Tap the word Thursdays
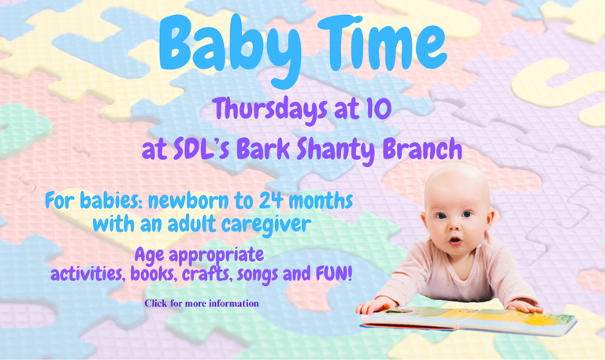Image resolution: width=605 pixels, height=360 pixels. click(x=270, y=110)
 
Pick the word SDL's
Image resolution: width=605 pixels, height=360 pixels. click(x=202, y=149)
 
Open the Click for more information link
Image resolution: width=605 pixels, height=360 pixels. click(x=202, y=303)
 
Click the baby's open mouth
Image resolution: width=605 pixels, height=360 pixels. click(x=455, y=241)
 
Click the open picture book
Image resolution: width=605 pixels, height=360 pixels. click(x=469, y=320)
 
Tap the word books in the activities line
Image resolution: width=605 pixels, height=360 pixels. click(x=152, y=274)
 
